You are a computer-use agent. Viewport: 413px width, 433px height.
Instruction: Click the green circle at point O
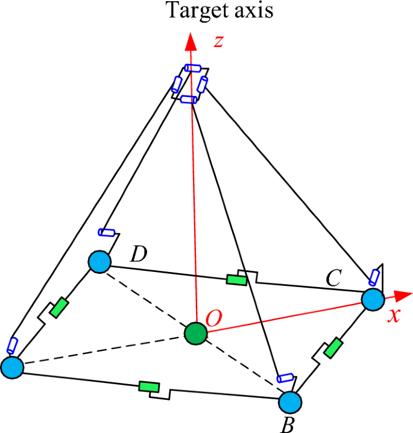[195, 333]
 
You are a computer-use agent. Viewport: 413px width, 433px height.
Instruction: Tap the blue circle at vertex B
[290, 402]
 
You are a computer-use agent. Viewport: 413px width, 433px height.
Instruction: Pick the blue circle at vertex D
[99, 262]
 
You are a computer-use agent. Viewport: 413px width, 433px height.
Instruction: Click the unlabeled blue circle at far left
[11, 367]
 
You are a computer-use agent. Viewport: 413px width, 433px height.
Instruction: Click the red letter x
[394, 315]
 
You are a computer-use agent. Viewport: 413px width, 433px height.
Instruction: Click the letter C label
[333, 279]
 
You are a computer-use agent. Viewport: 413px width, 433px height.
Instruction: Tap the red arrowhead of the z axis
[191, 42]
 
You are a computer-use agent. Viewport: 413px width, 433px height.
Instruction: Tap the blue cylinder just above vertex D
[107, 232]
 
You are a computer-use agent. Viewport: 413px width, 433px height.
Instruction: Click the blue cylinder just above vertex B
[284, 378]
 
